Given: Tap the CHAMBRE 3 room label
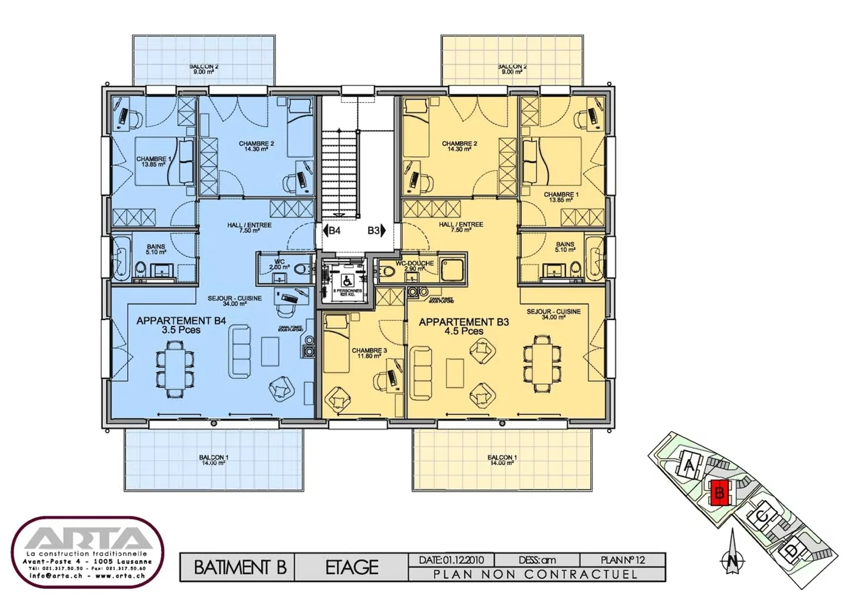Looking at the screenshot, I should tap(369, 353).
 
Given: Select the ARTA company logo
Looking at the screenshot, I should tap(88, 551).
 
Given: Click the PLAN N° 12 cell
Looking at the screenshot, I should tap(623, 560).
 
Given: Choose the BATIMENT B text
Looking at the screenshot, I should tap(239, 567).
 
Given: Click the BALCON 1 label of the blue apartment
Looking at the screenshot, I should tap(214, 460).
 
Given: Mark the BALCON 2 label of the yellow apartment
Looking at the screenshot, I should tap(512, 69).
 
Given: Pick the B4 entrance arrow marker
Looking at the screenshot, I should tap(331, 230).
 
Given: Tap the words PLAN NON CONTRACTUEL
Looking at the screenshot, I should tap(535, 574).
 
